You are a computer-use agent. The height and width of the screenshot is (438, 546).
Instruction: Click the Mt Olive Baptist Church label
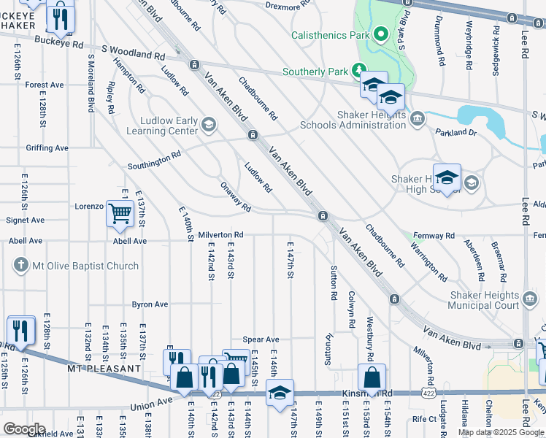[86, 266]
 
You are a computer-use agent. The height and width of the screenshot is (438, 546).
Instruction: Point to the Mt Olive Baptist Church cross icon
[22, 265]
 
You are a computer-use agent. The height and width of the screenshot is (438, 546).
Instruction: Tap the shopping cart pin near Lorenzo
[119, 214]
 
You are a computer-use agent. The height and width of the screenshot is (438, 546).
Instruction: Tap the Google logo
[24, 429]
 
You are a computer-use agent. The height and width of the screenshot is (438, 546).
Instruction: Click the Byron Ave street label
[150, 304]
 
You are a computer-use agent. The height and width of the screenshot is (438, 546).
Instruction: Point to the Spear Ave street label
[261, 339]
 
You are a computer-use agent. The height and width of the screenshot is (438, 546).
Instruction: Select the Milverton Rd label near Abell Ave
[220, 235]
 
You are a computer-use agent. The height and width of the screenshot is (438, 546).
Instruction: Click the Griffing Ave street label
[46, 148]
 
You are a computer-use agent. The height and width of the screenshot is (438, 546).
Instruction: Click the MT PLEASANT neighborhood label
[103, 369]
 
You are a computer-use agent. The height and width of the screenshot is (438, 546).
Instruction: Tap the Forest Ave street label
[44, 85]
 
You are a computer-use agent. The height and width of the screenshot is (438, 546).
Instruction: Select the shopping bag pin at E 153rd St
[372, 378]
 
